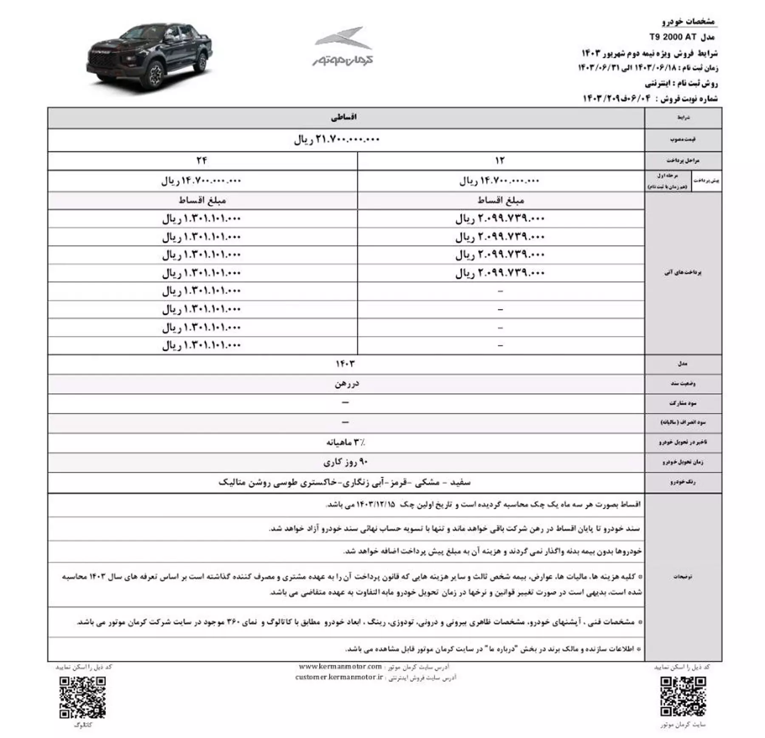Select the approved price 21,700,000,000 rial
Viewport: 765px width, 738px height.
click(x=337, y=139)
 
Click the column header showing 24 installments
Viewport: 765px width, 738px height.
click(x=202, y=161)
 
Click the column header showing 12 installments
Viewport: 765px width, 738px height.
click(x=500, y=161)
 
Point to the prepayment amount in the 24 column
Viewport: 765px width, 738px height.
click(x=201, y=181)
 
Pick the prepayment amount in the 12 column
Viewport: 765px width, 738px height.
click(x=499, y=181)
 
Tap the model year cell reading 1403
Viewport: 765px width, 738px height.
click(x=345, y=364)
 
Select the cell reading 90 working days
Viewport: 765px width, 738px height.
click(x=345, y=462)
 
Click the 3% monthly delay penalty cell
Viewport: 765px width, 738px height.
click(x=345, y=442)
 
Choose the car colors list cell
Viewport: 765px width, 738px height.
click(x=345, y=482)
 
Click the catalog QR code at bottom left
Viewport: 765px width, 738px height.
click(x=82, y=697)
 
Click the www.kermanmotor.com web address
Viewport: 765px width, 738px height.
click(x=340, y=667)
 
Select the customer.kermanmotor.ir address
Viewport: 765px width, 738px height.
click(x=339, y=677)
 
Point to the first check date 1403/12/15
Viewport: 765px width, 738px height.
click(x=376, y=504)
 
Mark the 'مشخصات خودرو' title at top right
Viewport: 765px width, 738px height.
click(x=688, y=21)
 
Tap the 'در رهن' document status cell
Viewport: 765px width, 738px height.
click(x=346, y=384)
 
